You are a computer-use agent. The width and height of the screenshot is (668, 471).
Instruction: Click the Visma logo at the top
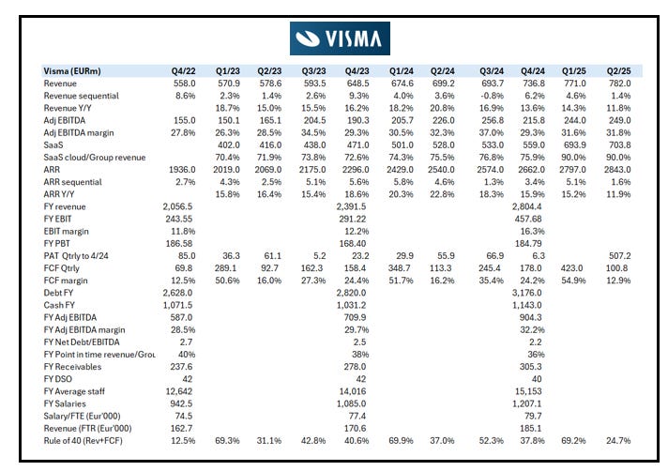(x=341, y=38)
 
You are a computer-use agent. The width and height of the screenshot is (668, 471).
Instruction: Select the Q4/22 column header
(x=183, y=71)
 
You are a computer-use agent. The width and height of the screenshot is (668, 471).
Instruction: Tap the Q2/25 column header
(x=618, y=71)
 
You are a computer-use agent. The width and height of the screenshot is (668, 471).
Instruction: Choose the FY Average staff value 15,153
(x=530, y=391)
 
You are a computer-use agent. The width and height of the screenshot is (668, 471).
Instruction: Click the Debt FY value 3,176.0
(x=530, y=293)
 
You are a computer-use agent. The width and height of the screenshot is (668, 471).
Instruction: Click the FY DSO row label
(x=59, y=379)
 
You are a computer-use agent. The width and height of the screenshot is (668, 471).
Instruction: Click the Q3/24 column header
(x=487, y=71)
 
